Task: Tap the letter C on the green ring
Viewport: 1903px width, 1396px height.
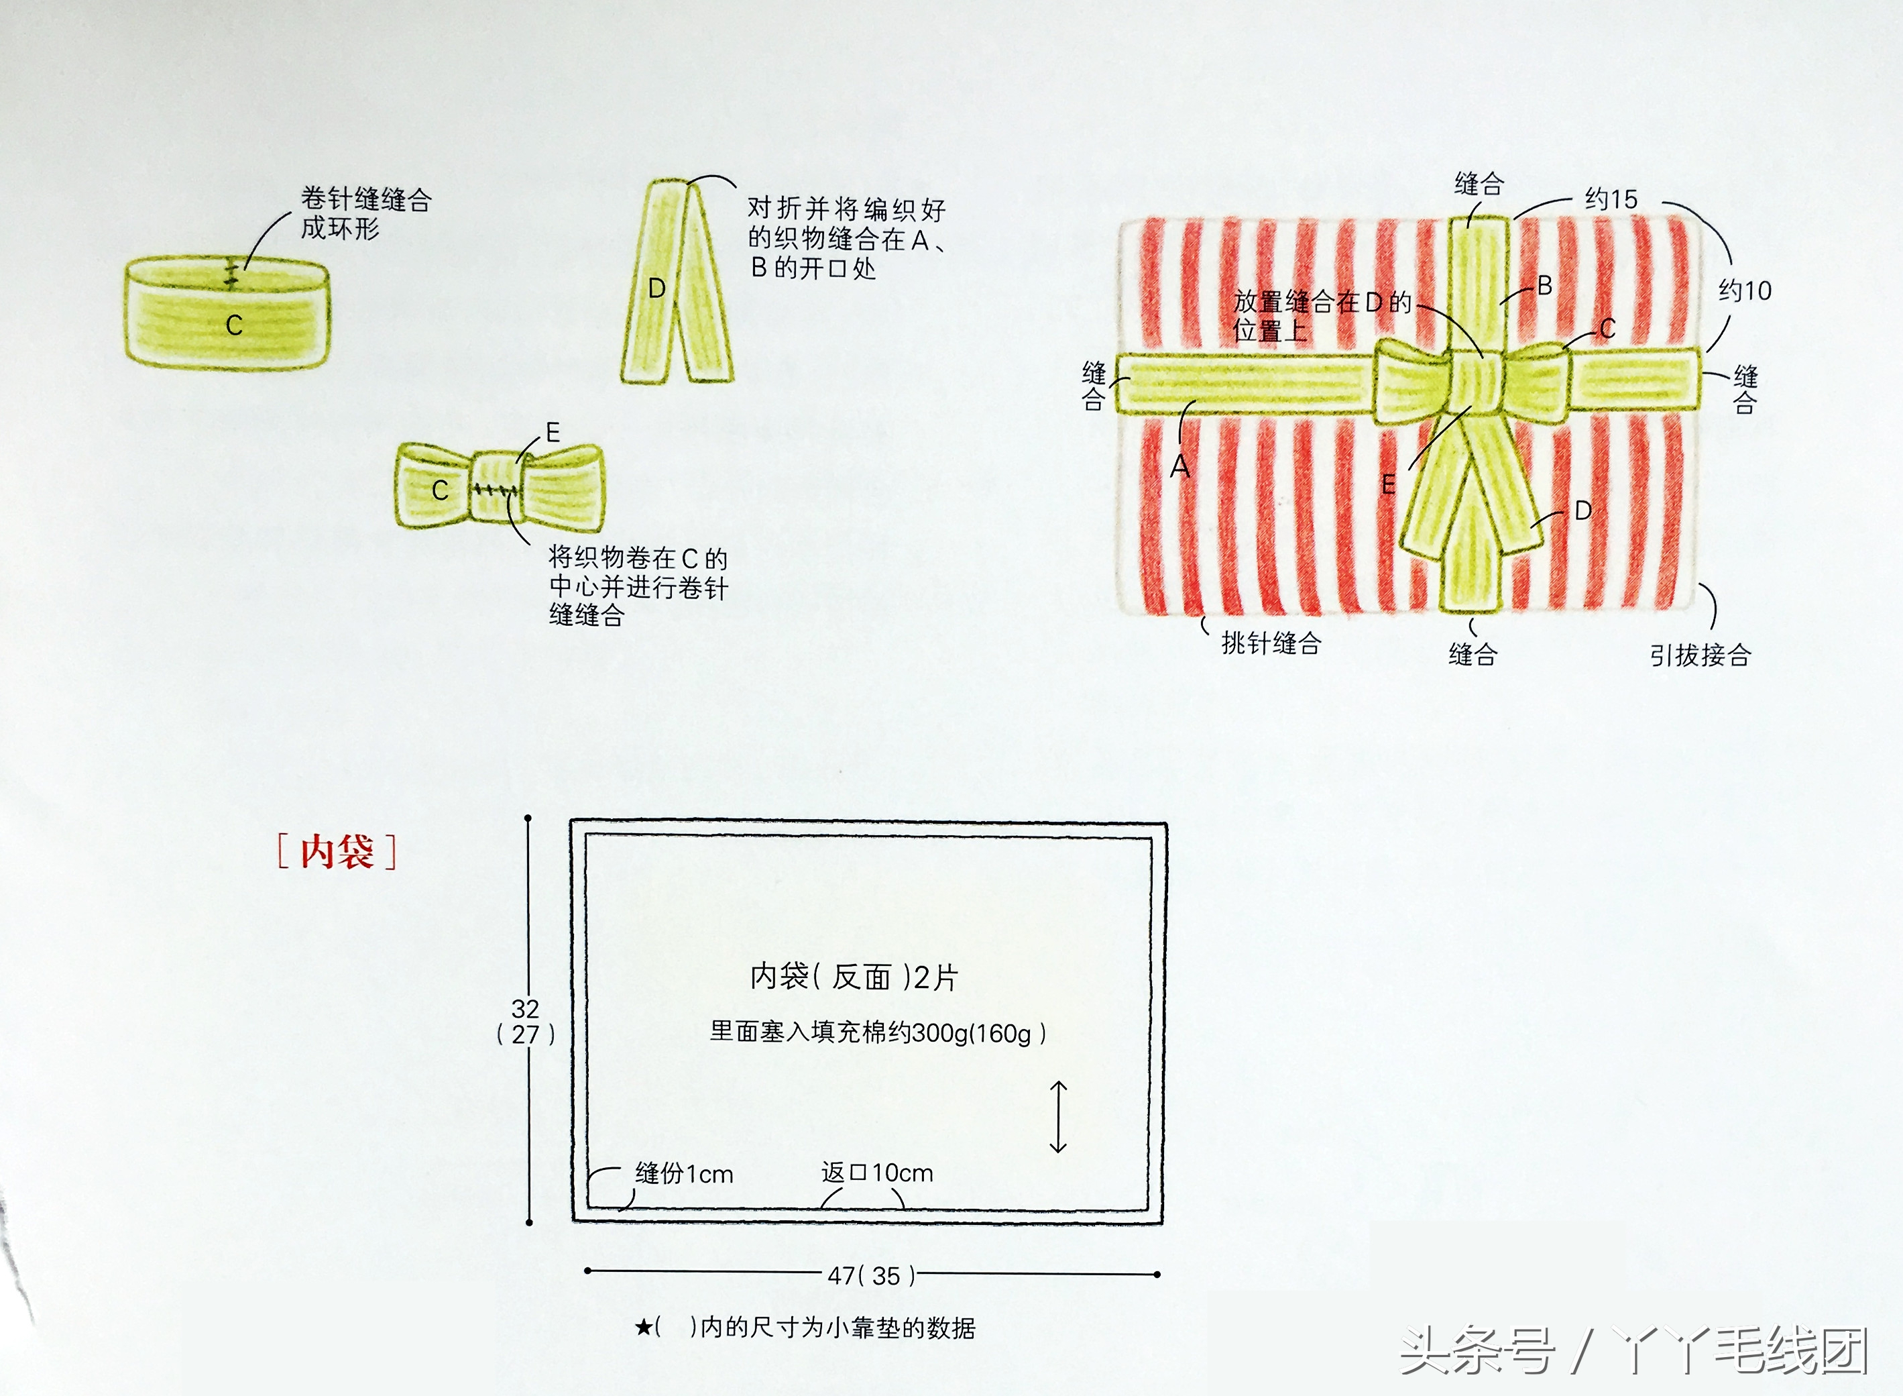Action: pyautogui.click(x=234, y=325)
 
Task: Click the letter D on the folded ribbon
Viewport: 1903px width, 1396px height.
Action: pyautogui.click(x=656, y=289)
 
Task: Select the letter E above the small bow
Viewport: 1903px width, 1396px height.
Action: pyautogui.click(x=553, y=433)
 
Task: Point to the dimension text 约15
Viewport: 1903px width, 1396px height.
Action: pyautogui.click(x=1611, y=201)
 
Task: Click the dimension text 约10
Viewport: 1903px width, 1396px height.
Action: pyautogui.click(x=1745, y=292)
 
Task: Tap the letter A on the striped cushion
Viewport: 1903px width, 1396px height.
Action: pyautogui.click(x=1180, y=466)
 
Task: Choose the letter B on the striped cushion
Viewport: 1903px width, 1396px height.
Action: pyautogui.click(x=1545, y=286)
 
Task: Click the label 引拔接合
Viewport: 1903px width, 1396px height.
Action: pyautogui.click(x=1700, y=655)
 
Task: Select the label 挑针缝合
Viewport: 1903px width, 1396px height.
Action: pyautogui.click(x=1271, y=644)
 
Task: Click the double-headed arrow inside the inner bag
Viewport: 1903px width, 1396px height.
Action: pyautogui.click(x=1058, y=1117)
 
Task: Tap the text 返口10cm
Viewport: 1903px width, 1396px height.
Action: pyautogui.click(x=877, y=1173)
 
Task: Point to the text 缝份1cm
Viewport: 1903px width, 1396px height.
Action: pyautogui.click(x=684, y=1174)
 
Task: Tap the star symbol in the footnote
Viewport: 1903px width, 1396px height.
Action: pyautogui.click(x=644, y=1328)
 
